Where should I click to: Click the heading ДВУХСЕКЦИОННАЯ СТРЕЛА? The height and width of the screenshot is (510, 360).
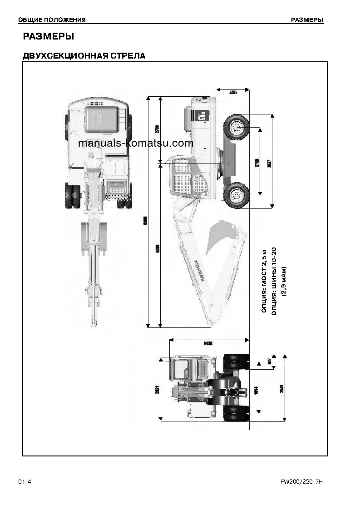[x=84, y=56]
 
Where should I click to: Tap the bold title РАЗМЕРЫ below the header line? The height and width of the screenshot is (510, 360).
[x=48, y=36]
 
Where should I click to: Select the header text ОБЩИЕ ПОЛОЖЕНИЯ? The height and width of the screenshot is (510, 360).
[x=52, y=20]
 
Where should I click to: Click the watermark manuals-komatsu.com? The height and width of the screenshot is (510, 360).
[x=136, y=144]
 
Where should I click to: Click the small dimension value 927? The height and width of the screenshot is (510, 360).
[x=269, y=362]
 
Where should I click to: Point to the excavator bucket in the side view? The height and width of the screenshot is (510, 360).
[x=222, y=236]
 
